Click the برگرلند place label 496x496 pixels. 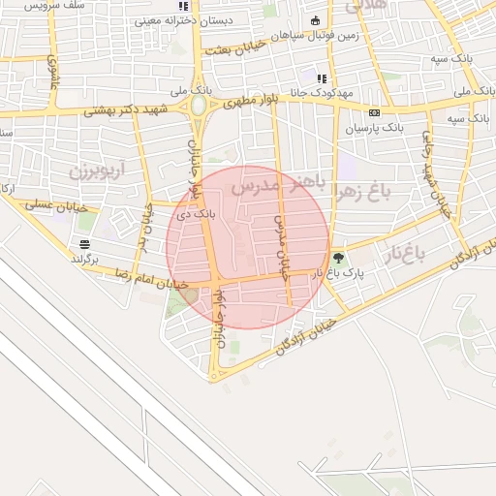[x=86, y=259]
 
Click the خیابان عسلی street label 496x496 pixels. [x=43, y=204]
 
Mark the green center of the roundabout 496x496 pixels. [x=199, y=105]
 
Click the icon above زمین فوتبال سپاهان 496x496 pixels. [x=315, y=21]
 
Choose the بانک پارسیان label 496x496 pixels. [x=373, y=127]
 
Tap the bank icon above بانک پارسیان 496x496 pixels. [x=374, y=111]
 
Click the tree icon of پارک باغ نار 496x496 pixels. [x=338, y=258]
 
